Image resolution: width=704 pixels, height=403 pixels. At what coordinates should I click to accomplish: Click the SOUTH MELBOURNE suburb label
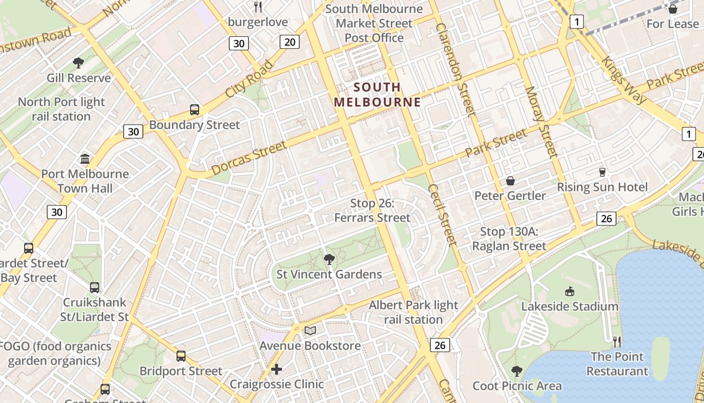pos(377,94)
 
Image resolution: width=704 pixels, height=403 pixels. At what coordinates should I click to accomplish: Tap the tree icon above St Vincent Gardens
pos(329,259)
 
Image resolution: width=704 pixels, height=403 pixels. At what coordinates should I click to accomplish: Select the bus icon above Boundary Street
pos(195,109)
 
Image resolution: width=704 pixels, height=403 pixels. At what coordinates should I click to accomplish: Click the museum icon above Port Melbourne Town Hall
pos(85,159)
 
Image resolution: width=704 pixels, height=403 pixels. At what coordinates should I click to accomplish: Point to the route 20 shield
pos(290,42)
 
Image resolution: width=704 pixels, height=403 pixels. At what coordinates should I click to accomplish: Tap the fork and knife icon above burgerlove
pos(258,7)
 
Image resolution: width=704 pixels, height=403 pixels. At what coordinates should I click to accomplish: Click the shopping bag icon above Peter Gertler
pos(510,181)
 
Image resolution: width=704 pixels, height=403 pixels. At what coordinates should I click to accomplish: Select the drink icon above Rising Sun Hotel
pos(602,172)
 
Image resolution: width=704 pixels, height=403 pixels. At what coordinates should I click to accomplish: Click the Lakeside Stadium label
pos(569,306)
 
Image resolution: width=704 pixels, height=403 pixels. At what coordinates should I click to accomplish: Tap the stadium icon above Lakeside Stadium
pos(569,291)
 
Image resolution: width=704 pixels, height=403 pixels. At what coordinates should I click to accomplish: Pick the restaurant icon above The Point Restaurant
pos(617,342)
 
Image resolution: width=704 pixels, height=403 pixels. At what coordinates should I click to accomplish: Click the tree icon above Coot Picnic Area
pos(516,371)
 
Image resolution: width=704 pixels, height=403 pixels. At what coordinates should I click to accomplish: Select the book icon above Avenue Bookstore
pos(310,330)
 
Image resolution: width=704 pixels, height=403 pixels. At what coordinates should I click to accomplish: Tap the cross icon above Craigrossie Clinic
pos(276,369)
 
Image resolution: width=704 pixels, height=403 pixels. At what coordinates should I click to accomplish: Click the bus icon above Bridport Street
pos(181,356)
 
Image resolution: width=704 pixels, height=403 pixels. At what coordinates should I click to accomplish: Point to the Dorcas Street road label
pos(248,158)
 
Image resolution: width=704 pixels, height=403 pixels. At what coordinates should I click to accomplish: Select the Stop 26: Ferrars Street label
pos(373,211)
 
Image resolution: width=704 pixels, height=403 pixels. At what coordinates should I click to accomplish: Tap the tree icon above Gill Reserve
pos(78,62)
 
